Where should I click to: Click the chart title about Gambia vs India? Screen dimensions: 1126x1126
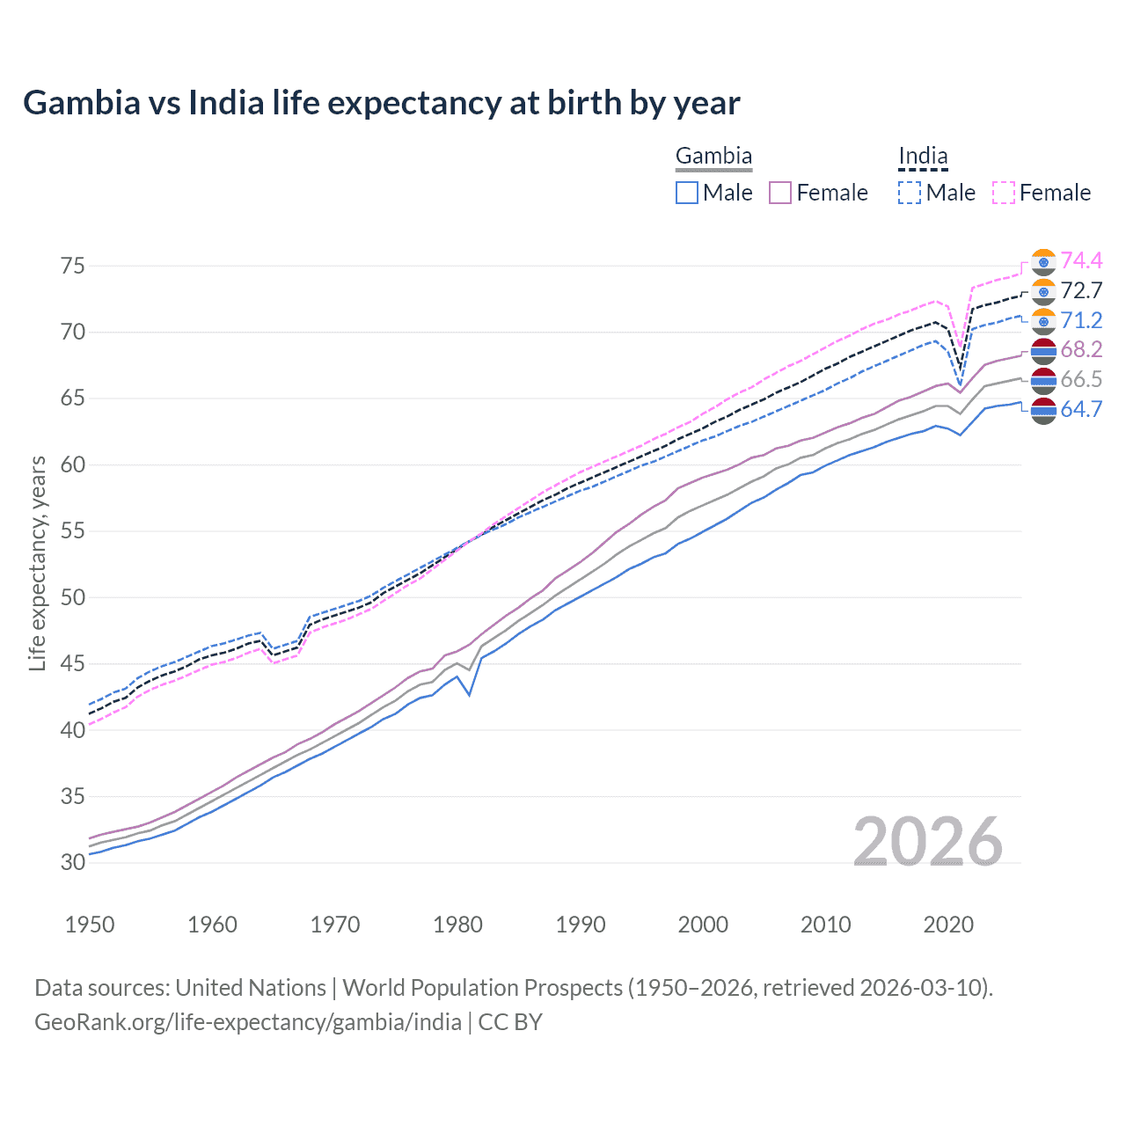pos(381,103)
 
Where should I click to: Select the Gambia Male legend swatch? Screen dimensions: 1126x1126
pos(687,193)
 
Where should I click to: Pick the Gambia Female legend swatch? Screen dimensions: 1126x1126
pos(780,193)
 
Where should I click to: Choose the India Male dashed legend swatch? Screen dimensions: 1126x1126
pos(910,193)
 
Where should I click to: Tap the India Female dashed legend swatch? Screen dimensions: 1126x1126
pos(1004,193)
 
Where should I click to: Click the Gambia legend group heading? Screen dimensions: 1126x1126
pos(713,157)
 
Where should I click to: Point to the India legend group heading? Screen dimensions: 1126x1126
pos(923,157)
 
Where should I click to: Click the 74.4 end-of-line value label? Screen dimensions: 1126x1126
pos(1081,260)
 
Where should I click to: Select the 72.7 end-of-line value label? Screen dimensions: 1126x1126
pos(1081,290)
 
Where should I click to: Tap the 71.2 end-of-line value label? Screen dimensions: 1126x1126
pos(1081,320)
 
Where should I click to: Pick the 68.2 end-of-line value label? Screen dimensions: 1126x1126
pos(1081,350)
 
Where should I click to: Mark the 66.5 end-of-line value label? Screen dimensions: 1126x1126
pos(1081,380)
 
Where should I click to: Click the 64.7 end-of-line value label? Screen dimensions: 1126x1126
pos(1081,409)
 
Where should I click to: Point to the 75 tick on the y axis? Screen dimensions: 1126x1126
pos(73,266)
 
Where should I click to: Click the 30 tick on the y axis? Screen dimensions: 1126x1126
pos(73,863)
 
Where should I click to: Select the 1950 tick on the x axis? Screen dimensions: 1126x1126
pos(90,925)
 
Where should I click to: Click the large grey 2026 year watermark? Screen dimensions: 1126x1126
pos(928,842)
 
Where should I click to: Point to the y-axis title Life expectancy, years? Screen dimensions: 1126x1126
pos(38,563)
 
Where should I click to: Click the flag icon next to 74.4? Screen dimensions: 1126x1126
pos(1043,261)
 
